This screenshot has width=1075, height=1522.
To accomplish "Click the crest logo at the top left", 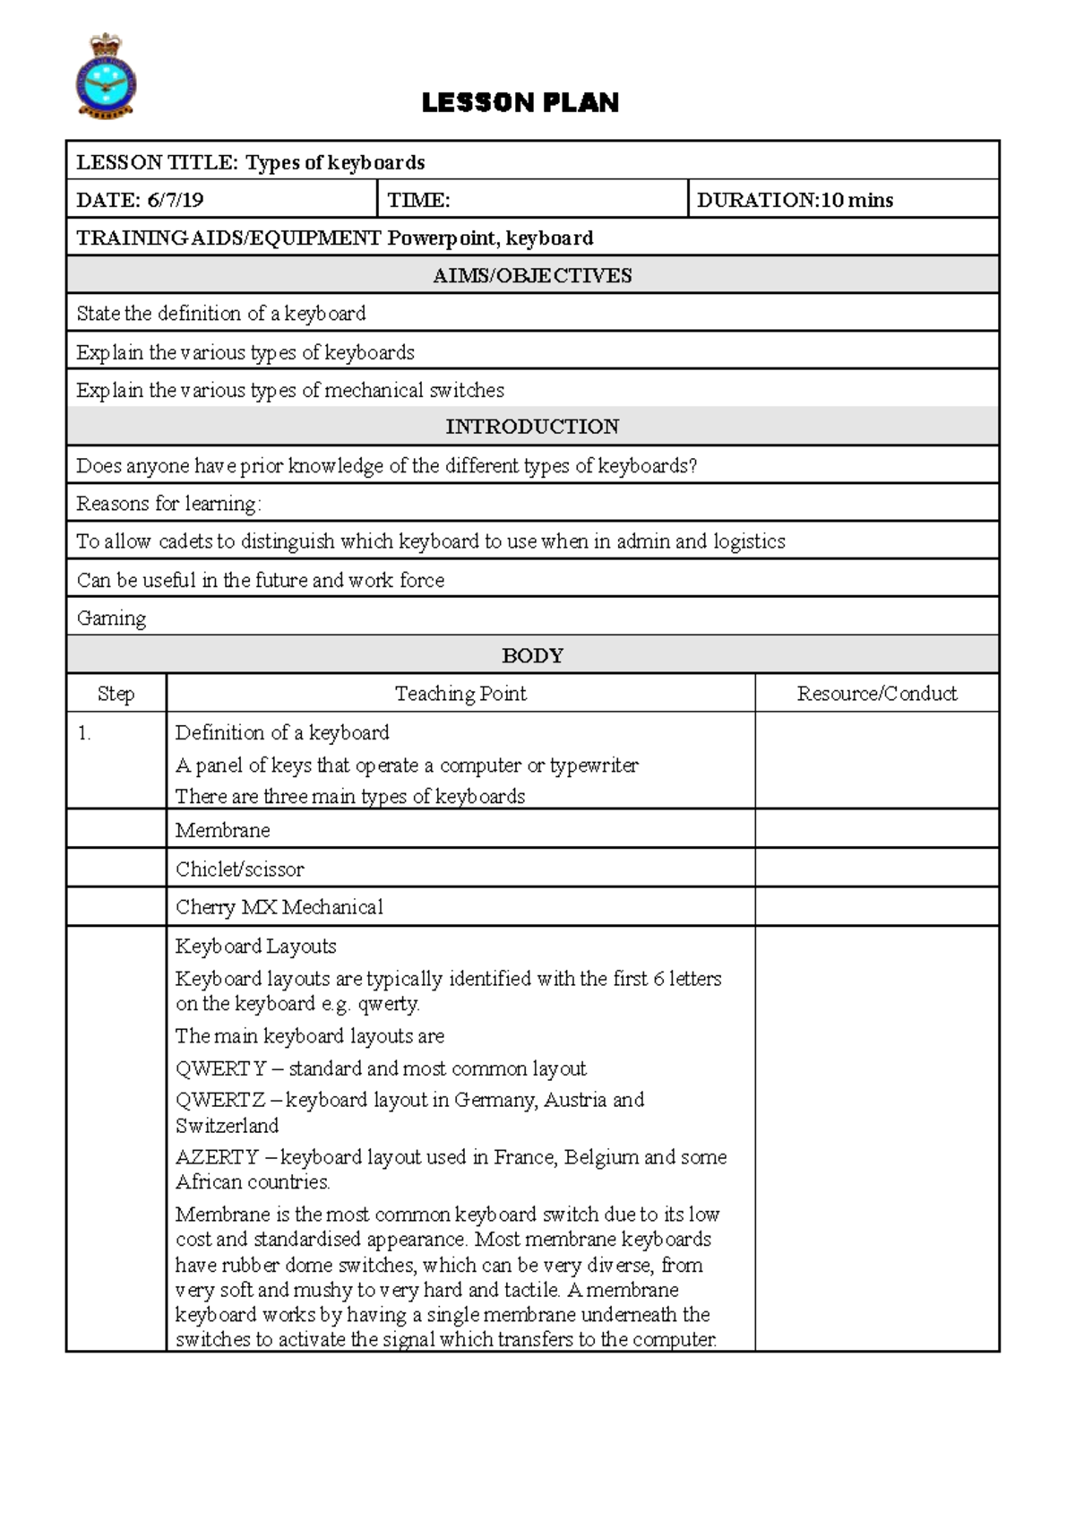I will coord(106,77).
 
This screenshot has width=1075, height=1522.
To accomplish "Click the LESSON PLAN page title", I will coord(520,103).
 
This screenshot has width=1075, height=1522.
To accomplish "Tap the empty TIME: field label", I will coord(418,200).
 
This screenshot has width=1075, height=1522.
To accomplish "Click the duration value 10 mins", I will coord(856,200).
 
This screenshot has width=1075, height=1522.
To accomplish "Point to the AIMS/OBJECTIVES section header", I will coord(532,275).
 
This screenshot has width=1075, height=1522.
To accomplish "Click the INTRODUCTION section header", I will coord(532,427).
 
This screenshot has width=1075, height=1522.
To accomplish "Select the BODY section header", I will coord(532,655).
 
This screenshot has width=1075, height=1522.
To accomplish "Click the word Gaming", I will coord(111,618).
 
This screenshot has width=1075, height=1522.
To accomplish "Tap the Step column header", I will coord(116,693).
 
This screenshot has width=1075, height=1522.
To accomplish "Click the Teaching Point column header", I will coord(460,693).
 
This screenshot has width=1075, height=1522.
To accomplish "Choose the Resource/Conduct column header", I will coord(876,693).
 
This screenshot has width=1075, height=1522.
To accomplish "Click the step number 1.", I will coord(84,733).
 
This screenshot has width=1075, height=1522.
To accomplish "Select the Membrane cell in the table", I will coord(222,830).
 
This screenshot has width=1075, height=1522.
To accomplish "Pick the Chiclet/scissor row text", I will coord(239,869).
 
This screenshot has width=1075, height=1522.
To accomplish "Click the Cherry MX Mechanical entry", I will coord(279,907).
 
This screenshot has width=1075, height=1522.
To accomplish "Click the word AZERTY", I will coord(217,1157).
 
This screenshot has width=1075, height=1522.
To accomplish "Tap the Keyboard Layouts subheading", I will coord(255,946).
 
